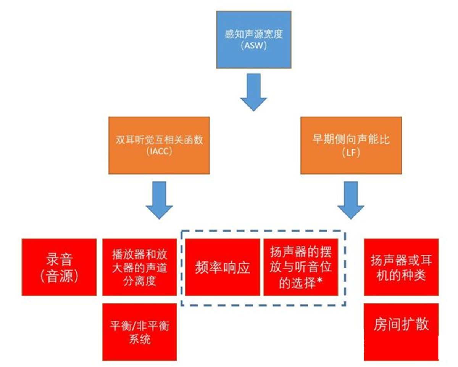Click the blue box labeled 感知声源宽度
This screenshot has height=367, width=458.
pyautogui.click(x=253, y=40)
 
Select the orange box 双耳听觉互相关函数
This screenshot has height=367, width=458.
pyautogui.click(x=159, y=145)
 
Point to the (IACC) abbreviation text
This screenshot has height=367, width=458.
pyautogui.click(x=159, y=151)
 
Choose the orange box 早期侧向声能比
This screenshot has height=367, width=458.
pyautogui.click(x=351, y=145)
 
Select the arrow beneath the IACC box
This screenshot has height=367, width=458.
pyautogui.click(x=159, y=200)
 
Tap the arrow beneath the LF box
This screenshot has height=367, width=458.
pyautogui.click(x=351, y=200)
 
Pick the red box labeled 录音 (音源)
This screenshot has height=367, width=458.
pyautogui.click(x=59, y=267)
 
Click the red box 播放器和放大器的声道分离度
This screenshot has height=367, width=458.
pyautogui.click(x=139, y=267)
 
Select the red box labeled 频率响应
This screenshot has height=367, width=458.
pyautogui.click(x=223, y=267)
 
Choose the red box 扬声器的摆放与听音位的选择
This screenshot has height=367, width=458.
pyautogui.click(x=301, y=267)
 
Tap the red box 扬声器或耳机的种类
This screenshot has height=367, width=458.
pyautogui.click(x=401, y=267)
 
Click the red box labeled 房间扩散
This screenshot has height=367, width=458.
pyautogui.click(x=401, y=332)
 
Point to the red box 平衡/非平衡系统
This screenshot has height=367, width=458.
pyautogui.click(x=139, y=332)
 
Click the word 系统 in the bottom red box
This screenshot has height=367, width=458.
pyautogui.click(x=139, y=339)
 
